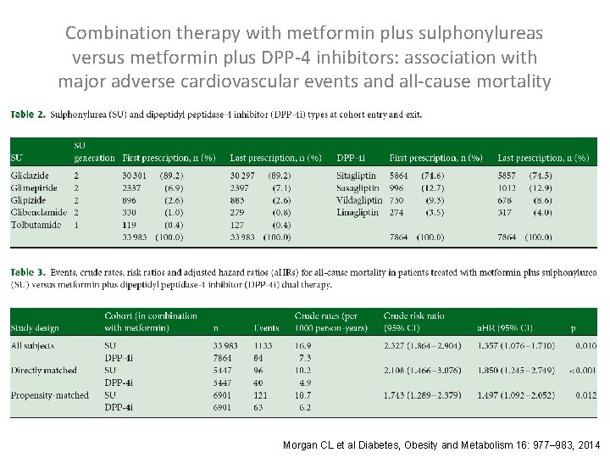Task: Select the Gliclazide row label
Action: (x=30, y=176)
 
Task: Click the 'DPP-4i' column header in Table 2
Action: (x=351, y=158)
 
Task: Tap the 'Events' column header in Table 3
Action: (x=266, y=327)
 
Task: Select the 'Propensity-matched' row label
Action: (x=49, y=395)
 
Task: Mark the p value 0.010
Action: (x=585, y=346)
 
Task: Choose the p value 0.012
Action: (x=585, y=395)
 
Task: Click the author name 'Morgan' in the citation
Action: (x=300, y=444)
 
